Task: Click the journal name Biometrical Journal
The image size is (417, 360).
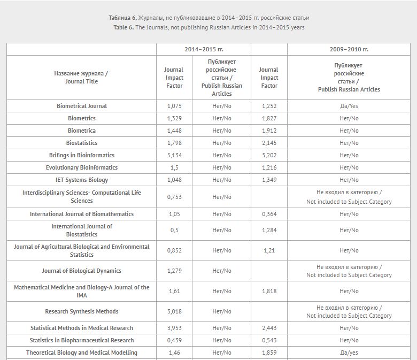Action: point(82,106)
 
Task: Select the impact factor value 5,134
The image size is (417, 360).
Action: point(174,155)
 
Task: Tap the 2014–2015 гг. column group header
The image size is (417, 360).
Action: point(204,49)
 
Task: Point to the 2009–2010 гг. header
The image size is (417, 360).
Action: point(349,49)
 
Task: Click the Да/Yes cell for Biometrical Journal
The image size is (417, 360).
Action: point(349,106)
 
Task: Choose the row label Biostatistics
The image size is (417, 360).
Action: point(82,143)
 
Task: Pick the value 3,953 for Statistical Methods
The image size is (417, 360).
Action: point(174,328)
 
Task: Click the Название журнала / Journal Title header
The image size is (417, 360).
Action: point(82,78)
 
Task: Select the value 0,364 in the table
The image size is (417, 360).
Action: point(269,214)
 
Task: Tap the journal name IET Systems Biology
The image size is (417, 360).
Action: point(82,180)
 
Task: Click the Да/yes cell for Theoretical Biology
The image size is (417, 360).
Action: point(349,353)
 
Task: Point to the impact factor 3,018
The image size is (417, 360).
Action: point(174,311)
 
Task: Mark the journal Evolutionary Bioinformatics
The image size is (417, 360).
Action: point(82,167)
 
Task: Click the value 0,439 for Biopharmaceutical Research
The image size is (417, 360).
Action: point(174,340)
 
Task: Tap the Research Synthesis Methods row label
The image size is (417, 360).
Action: point(82,311)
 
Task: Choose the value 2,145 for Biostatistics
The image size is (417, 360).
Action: point(269,143)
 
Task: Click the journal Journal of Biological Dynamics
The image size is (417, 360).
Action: point(82,271)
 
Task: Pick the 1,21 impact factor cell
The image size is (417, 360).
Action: point(269,250)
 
